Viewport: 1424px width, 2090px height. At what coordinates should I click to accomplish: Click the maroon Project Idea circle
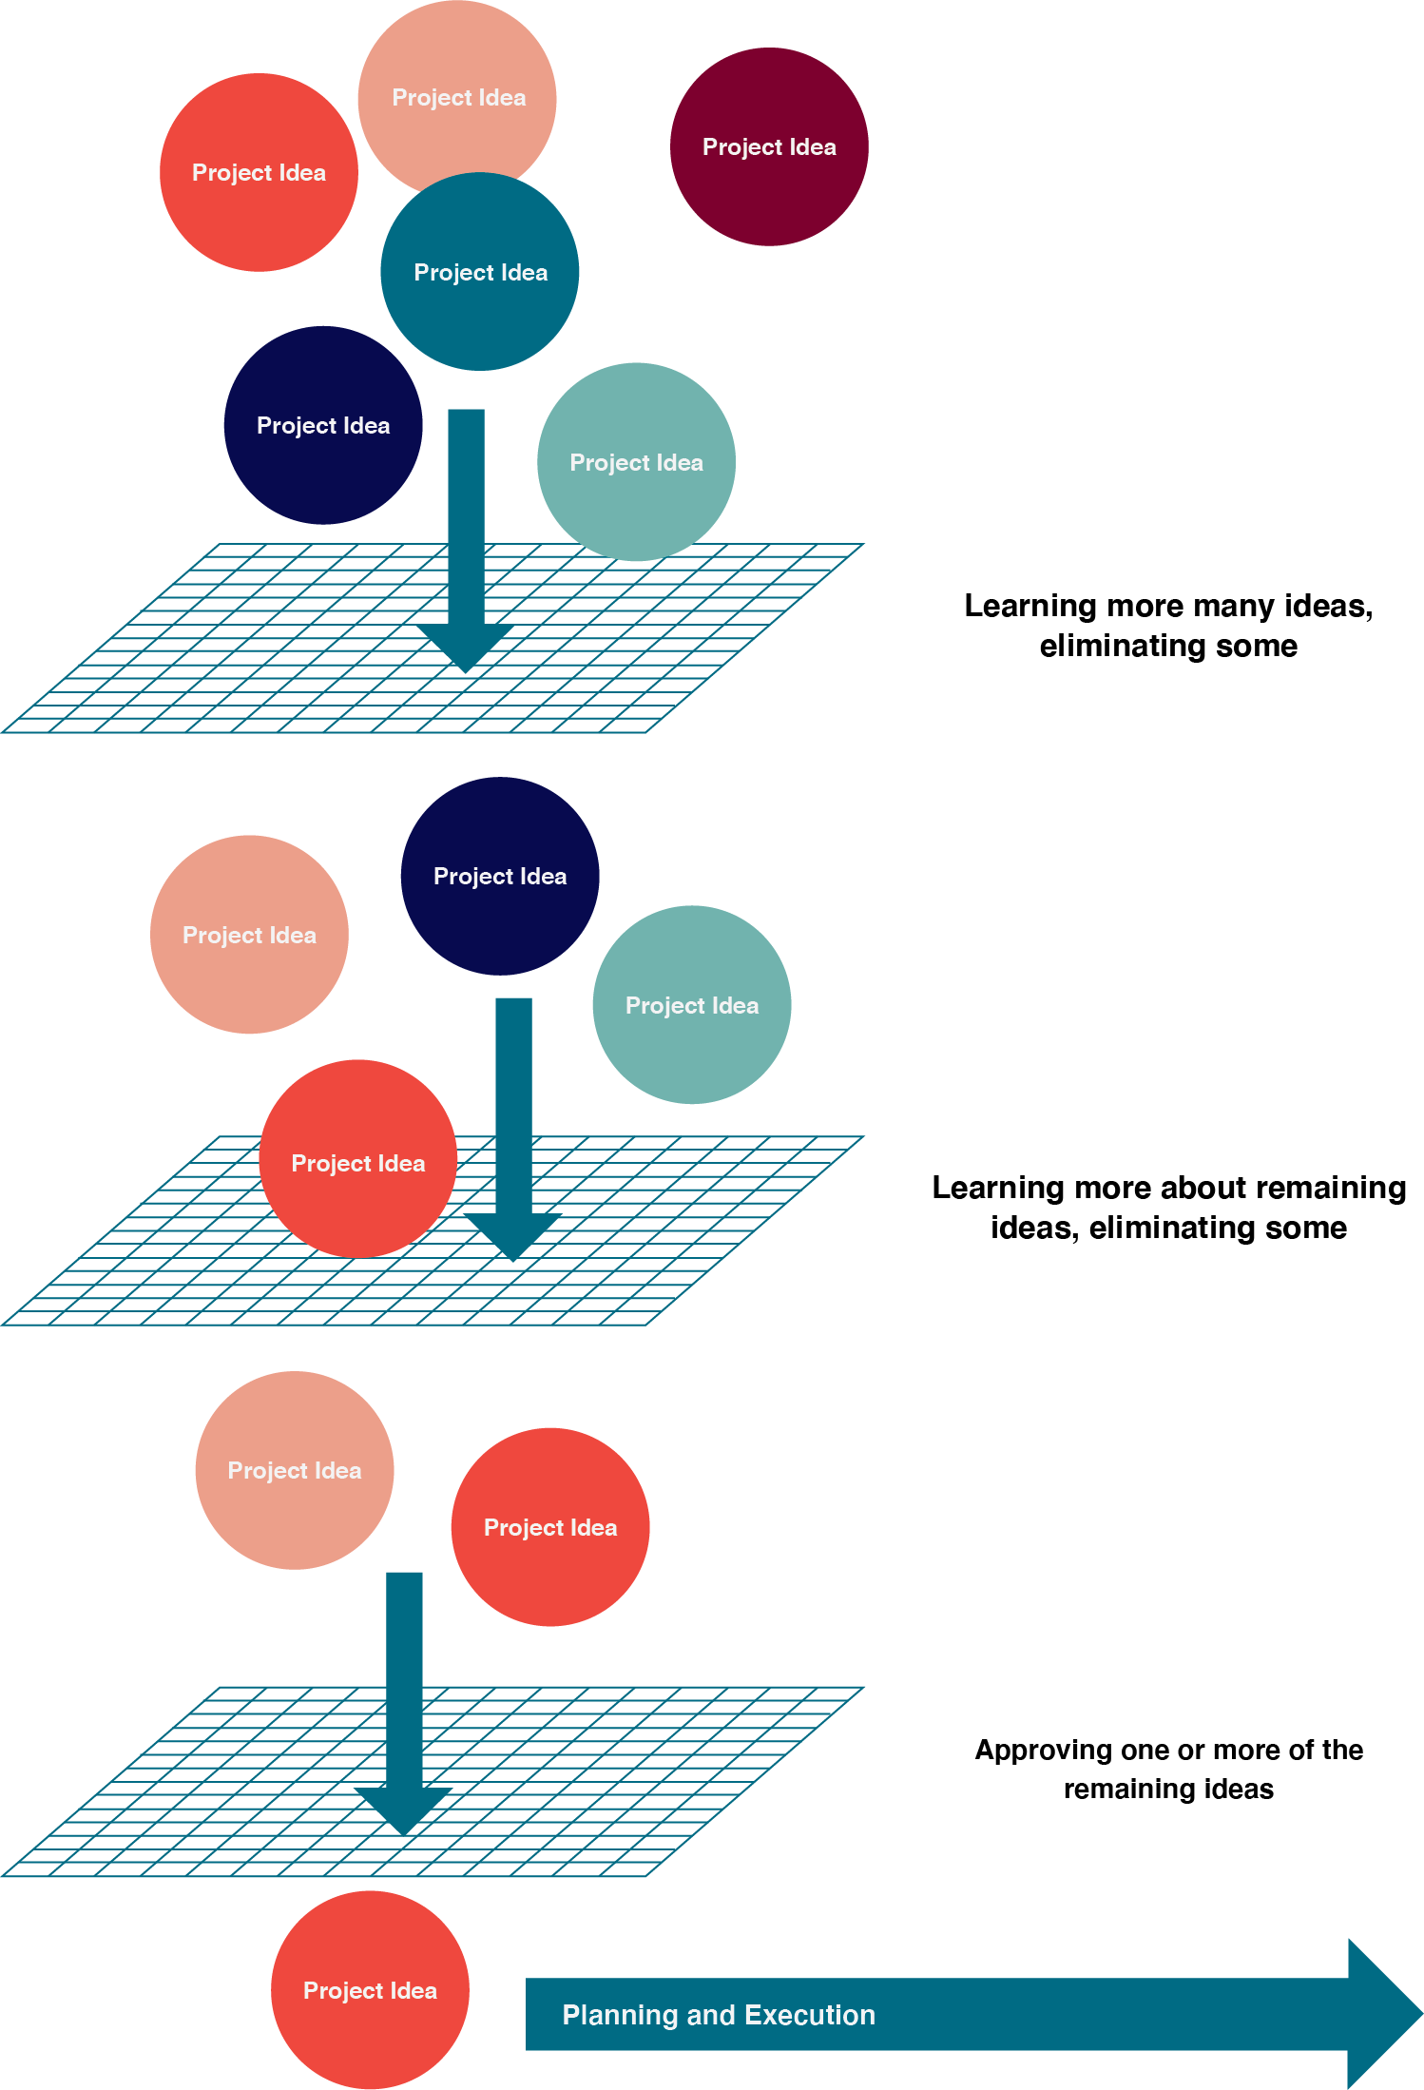769,147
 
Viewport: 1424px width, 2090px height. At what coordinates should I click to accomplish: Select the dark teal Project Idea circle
480,273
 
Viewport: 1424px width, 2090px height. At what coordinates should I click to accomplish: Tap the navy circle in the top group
323,425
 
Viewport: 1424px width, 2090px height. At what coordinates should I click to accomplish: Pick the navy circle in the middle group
500,876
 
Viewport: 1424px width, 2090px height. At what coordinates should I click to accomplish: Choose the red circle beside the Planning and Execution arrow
370,1990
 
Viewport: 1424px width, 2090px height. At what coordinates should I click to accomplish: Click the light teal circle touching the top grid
636,462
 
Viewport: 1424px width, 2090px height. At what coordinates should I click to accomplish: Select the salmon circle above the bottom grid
295,1470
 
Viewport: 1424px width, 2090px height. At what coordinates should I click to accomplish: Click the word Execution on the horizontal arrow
809,2015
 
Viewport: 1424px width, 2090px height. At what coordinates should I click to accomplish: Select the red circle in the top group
259,172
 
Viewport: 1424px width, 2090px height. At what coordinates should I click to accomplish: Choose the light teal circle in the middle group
692,1005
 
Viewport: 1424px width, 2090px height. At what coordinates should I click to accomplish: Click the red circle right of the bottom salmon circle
550,1527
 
